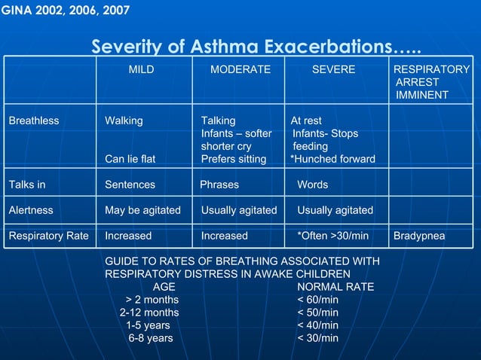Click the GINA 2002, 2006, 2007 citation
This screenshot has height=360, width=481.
(66, 11)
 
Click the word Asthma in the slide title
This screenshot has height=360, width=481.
(222, 47)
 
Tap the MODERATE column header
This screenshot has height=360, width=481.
(240, 69)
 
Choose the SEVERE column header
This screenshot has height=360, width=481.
(334, 69)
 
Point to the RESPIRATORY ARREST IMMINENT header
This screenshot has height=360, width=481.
(431, 82)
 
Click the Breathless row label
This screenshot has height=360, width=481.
(34, 121)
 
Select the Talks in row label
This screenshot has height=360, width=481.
(27, 185)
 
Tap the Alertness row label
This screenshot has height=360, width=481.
(31, 210)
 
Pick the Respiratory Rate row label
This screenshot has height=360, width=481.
(48, 236)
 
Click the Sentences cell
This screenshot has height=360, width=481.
(130, 185)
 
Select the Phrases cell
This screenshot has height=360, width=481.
(219, 185)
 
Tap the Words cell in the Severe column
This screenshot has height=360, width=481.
(312, 185)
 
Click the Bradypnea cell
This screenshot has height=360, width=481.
(419, 236)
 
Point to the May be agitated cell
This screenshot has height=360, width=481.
(142, 210)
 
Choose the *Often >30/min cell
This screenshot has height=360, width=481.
(332, 236)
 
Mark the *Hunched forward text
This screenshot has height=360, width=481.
(332, 159)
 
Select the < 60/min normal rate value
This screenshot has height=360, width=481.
(317, 300)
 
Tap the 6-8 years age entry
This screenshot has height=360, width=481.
(150, 338)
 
